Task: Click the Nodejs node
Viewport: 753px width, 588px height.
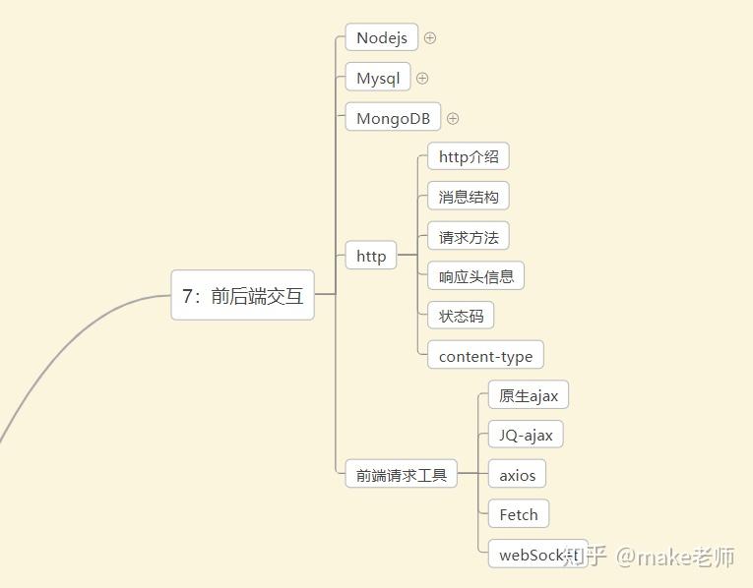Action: [x=382, y=38]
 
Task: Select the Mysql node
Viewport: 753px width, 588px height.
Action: [x=378, y=79]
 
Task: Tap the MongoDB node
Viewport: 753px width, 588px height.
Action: [x=393, y=119]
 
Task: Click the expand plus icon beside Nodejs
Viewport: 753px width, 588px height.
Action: [x=430, y=38]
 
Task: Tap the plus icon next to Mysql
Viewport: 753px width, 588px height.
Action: [x=422, y=79]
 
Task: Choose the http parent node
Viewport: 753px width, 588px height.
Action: [x=371, y=257]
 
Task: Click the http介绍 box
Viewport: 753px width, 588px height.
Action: [x=469, y=157]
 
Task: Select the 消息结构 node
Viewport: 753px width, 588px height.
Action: [x=469, y=197]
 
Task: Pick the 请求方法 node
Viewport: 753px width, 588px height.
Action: [x=469, y=237]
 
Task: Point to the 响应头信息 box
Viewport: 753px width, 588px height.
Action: [x=476, y=276]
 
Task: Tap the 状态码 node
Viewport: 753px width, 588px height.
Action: [x=461, y=317]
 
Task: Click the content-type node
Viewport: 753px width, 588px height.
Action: [x=485, y=357]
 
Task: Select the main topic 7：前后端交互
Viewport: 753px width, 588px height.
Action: [x=243, y=296]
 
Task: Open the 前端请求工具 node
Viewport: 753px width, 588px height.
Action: [x=402, y=475]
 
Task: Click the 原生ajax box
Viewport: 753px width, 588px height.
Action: [x=529, y=396]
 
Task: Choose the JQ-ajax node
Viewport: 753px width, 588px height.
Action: [x=526, y=436]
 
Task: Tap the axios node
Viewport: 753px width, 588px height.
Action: [x=517, y=476]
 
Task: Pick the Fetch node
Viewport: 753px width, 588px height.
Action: [x=519, y=514]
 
